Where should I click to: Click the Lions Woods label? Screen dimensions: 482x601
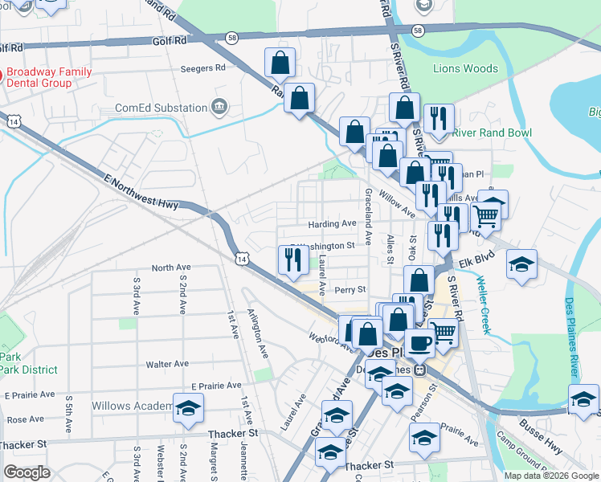pos(466,68)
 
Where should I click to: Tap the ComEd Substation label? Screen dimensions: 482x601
pos(161,108)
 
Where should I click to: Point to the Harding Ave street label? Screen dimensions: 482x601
pos(331,223)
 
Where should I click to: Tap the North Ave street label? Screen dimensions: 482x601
pos(170,268)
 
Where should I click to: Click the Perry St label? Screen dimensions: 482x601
pos(350,289)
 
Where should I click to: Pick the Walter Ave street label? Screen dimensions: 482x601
pos(167,364)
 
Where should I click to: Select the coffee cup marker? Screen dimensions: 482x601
pos(419,343)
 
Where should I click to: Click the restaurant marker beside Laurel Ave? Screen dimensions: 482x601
pos(291,259)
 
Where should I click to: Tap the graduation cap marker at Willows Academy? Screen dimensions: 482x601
pos(188,408)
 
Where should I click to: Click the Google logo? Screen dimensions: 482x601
pos(27,472)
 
